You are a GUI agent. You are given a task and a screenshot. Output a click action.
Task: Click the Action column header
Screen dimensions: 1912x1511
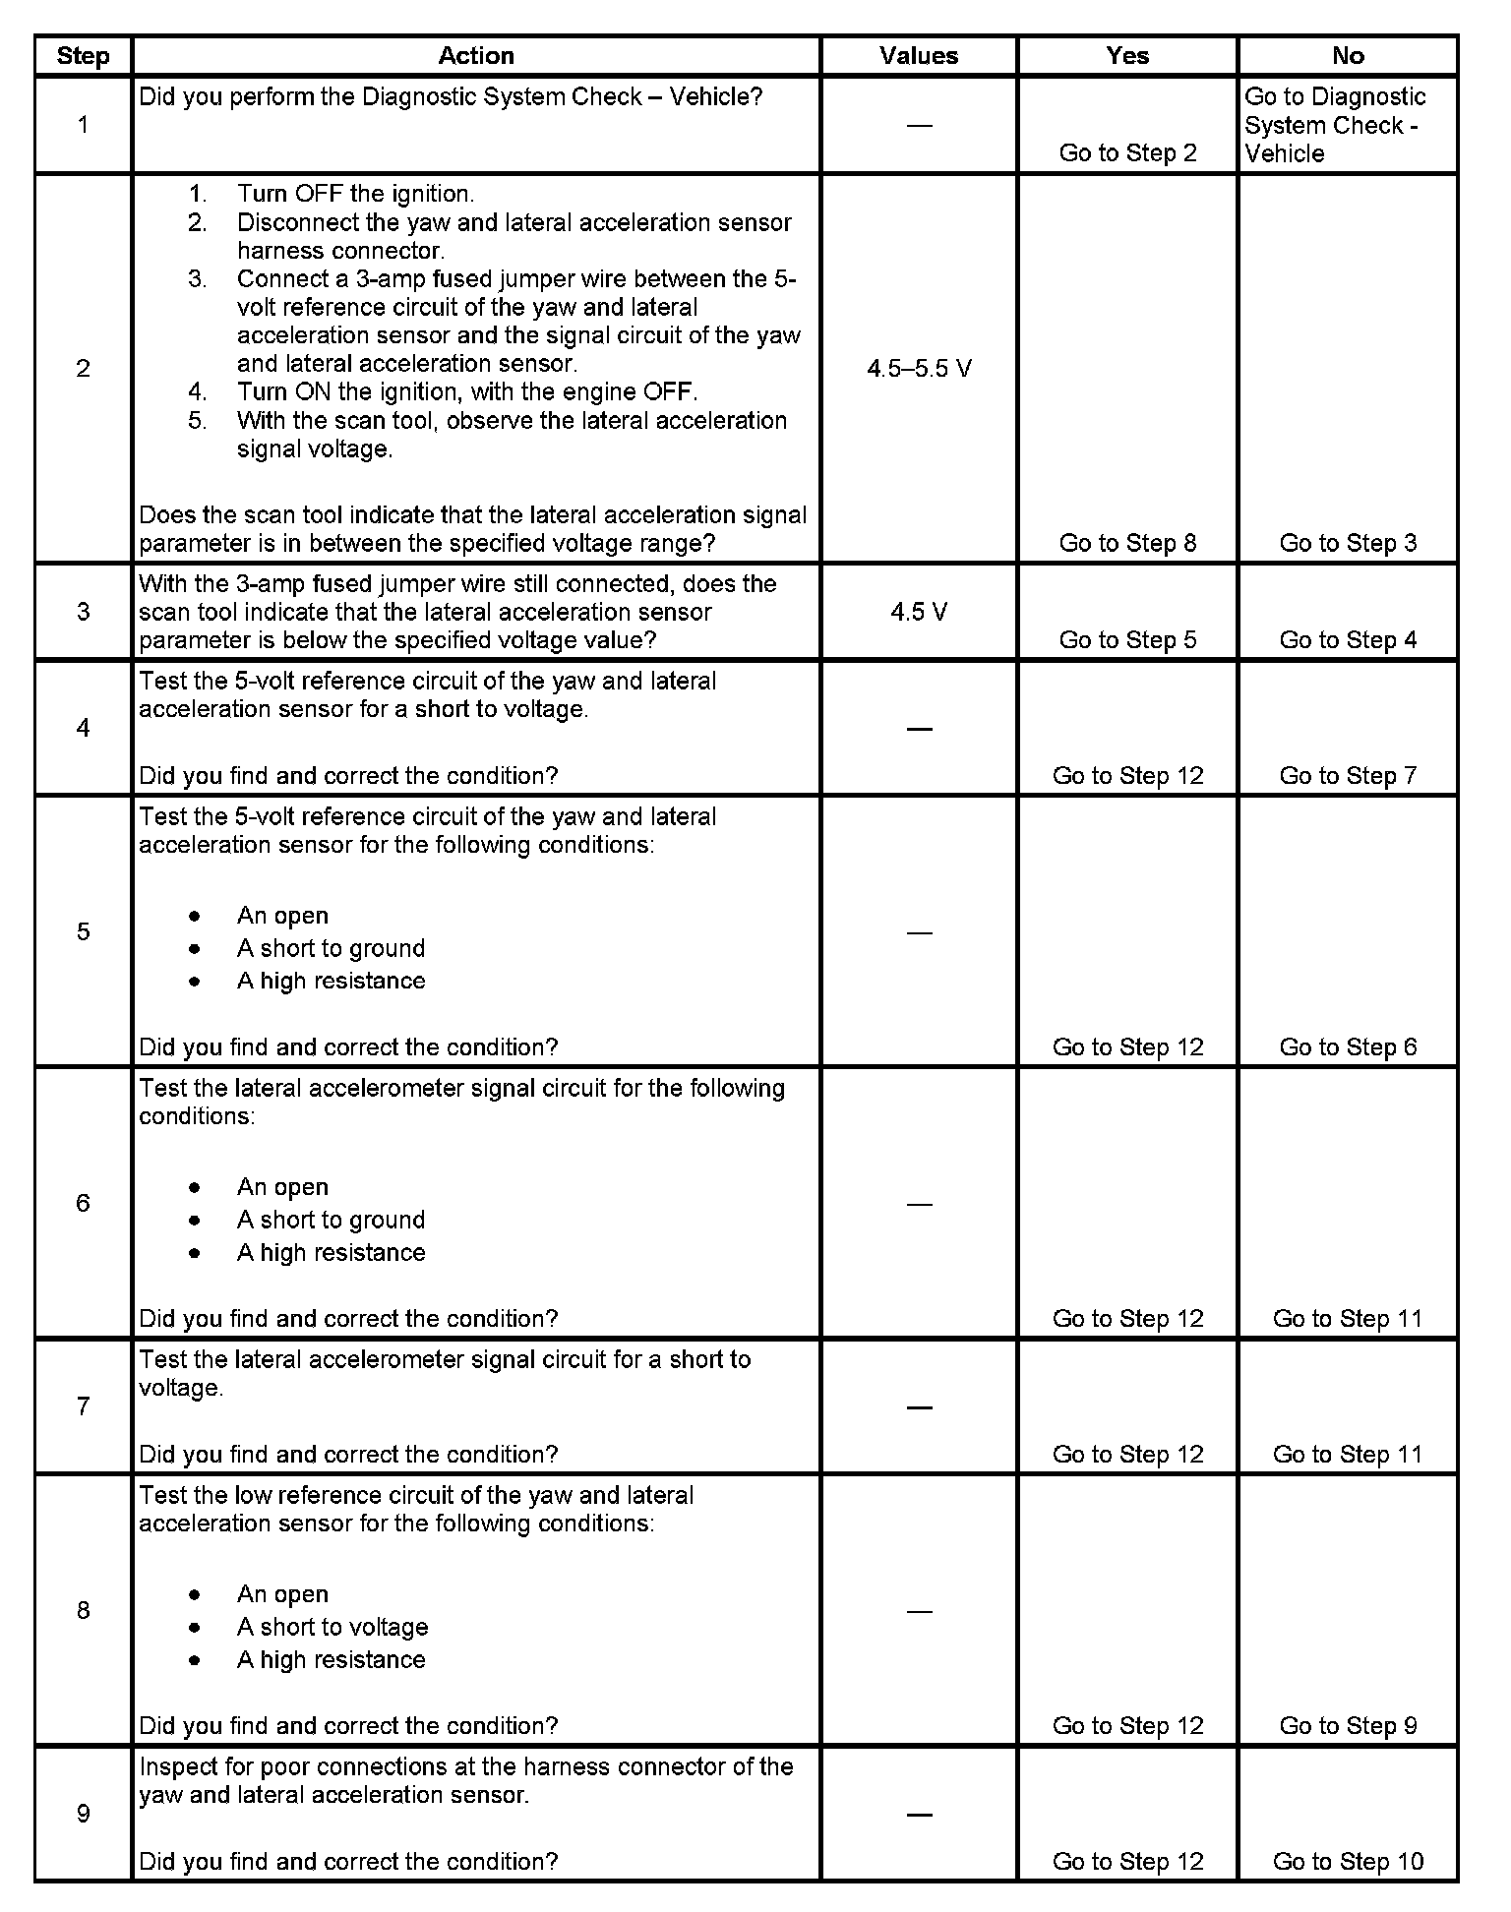[476, 56]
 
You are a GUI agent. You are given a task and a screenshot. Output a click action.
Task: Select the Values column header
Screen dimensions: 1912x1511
[919, 56]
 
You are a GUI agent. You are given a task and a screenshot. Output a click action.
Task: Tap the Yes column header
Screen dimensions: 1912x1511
[1127, 56]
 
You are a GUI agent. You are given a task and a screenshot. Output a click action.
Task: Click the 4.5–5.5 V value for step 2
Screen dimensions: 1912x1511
[919, 369]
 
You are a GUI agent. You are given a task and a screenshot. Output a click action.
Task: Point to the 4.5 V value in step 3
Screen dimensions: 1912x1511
[919, 612]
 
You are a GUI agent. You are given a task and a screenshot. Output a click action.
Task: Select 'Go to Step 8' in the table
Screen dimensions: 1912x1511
[1127, 543]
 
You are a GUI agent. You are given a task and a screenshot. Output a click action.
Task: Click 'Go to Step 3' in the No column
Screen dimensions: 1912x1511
[1348, 543]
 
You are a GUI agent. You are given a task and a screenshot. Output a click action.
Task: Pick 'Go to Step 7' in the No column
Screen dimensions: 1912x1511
[1348, 776]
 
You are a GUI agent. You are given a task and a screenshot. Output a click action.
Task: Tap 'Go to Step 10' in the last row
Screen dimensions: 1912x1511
[1348, 1862]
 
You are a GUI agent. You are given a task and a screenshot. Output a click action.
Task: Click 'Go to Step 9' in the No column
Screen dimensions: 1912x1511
[1348, 1726]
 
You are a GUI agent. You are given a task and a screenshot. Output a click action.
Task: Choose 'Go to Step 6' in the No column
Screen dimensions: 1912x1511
[1348, 1047]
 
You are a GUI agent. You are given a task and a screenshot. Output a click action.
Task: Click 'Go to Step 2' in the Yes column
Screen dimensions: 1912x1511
[1127, 152]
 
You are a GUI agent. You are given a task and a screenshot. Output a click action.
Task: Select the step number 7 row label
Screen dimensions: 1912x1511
[84, 1406]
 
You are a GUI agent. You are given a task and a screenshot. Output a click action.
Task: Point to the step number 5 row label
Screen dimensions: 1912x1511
[84, 931]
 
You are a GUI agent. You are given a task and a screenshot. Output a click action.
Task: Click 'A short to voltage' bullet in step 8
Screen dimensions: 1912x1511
[332, 1627]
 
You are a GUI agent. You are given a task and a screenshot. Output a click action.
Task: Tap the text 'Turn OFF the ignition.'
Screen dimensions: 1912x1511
[355, 194]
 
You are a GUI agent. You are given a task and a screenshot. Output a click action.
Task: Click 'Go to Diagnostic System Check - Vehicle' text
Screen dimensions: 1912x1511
[1334, 125]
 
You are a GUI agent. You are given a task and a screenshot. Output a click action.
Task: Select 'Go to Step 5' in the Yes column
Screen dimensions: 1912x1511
[1127, 640]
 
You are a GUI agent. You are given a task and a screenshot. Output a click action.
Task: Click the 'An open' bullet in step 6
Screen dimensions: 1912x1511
[282, 1187]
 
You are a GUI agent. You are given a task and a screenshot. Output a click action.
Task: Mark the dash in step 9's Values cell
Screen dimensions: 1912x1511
[919, 1815]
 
